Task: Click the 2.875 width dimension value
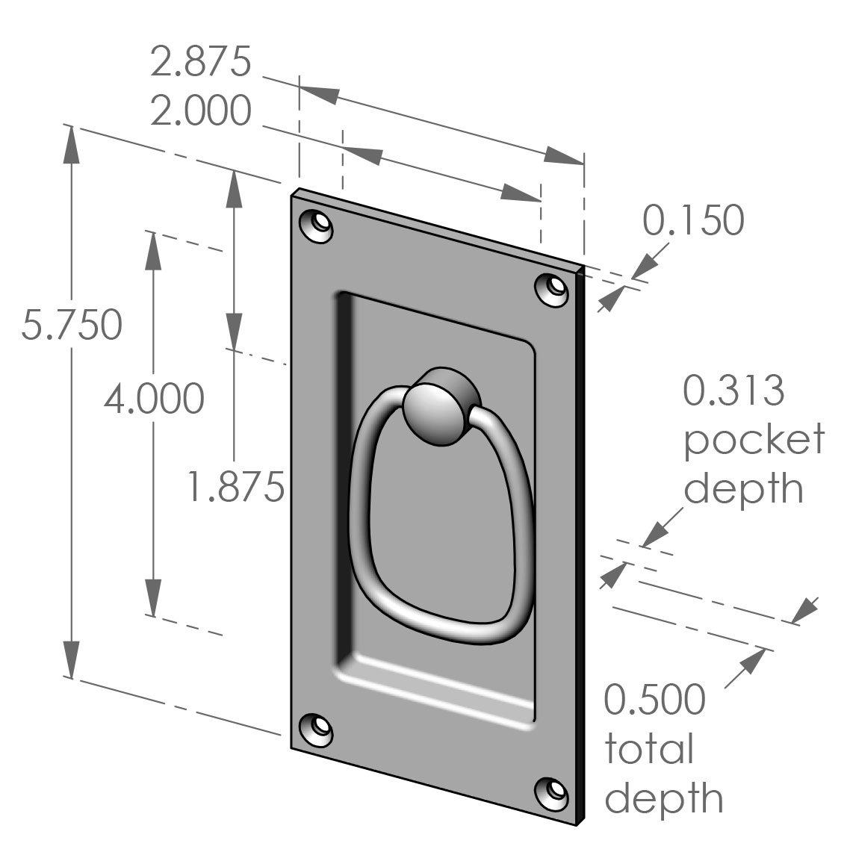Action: (200, 61)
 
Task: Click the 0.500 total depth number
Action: (654, 700)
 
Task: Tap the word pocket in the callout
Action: (754, 441)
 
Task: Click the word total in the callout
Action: (649, 749)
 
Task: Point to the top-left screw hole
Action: (316, 226)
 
